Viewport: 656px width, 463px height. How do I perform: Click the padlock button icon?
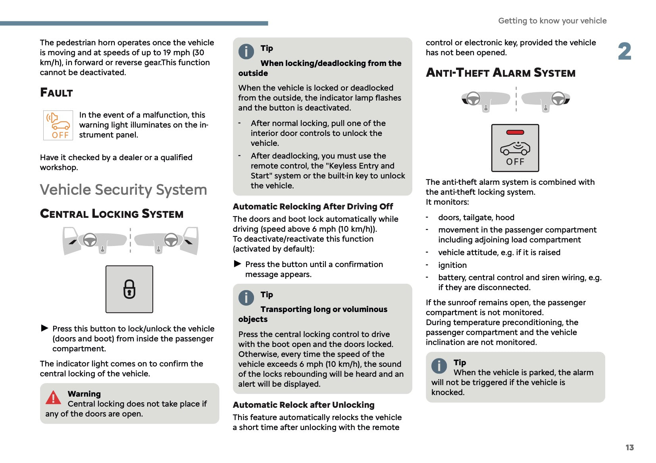(129, 289)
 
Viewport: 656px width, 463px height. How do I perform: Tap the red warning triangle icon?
(53, 397)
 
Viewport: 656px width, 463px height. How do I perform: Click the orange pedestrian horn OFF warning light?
(58, 125)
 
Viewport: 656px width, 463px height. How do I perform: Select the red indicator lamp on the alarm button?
(515, 132)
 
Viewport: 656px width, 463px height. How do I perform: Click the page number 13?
(629, 448)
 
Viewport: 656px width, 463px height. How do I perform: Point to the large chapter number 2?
(624, 52)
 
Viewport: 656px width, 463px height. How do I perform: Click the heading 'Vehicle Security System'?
(123, 190)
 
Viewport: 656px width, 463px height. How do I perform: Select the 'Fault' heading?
(56, 93)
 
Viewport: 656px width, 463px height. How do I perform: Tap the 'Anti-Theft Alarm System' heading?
(500, 73)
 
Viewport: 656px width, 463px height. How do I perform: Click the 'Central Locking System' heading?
(112, 214)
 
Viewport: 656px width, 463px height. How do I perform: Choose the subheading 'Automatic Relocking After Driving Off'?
(313, 207)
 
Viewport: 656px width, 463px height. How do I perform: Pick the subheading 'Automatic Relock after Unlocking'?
(304, 405)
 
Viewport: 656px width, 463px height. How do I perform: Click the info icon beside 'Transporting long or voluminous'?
(246, 298)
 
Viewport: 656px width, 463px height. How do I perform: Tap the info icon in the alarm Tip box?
(439, 366)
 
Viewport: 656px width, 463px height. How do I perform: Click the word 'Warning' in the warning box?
(84, 394)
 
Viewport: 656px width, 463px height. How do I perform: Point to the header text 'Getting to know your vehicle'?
(552, 21)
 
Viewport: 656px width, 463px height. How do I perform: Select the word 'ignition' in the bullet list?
(452, 265)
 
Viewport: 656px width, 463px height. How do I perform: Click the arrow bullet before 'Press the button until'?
(238, 264)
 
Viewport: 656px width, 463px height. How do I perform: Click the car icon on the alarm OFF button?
(515, 148)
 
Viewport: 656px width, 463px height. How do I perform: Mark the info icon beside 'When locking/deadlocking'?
(246, 51)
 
